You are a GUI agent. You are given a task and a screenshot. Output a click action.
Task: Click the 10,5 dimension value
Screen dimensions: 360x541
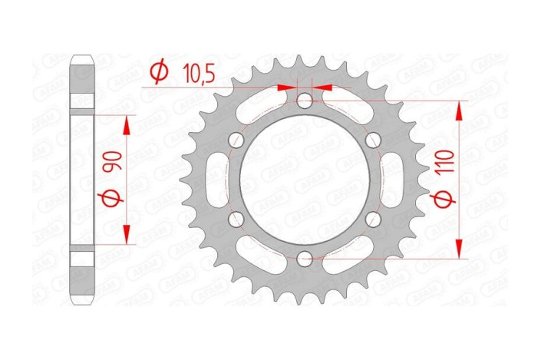(x=198, y=74)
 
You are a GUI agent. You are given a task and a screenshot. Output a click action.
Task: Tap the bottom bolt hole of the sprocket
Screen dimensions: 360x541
(x=305, y=259)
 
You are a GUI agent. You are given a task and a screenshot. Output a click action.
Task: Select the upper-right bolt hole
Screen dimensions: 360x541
(x=374, y=140)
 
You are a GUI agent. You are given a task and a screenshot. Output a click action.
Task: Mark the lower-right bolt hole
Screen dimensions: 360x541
(x=374, y=220)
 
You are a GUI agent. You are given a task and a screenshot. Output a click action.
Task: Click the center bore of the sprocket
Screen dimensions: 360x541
(x=305, y=180)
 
